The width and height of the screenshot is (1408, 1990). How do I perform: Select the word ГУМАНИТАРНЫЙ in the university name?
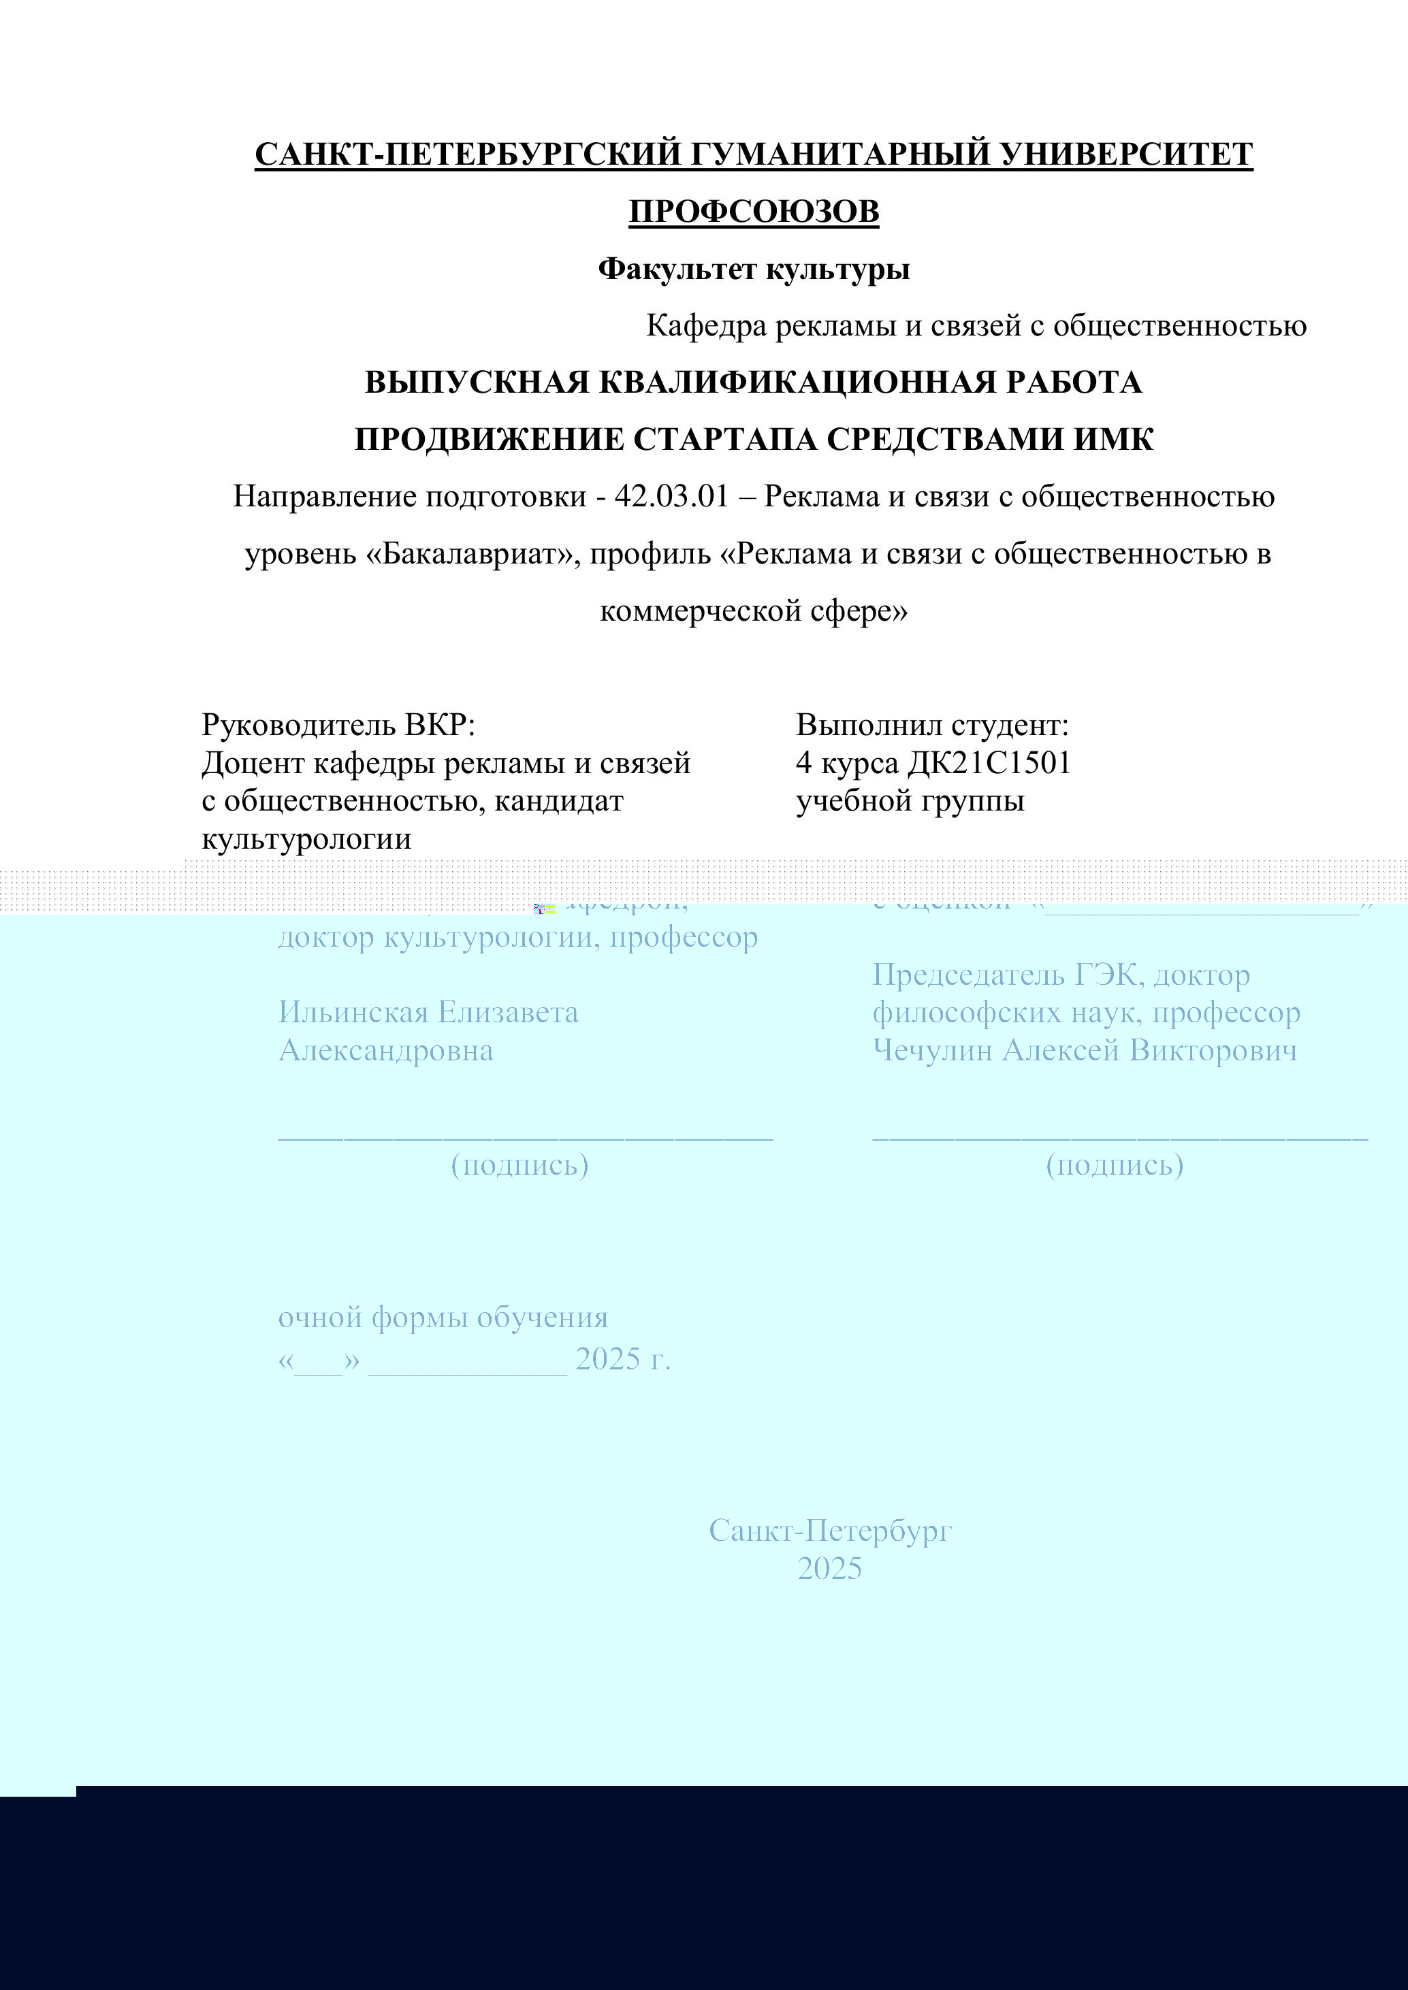840,154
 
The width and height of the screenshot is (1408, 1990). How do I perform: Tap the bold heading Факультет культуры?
754,270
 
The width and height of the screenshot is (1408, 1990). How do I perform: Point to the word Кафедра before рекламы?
707,326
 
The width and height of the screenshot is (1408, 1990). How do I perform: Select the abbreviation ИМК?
1114,440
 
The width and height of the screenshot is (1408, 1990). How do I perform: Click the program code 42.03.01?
671,497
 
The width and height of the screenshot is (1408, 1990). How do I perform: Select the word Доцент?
253,763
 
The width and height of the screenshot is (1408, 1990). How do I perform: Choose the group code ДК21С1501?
989,763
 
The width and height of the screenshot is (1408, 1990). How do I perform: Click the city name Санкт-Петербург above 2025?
830,1531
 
